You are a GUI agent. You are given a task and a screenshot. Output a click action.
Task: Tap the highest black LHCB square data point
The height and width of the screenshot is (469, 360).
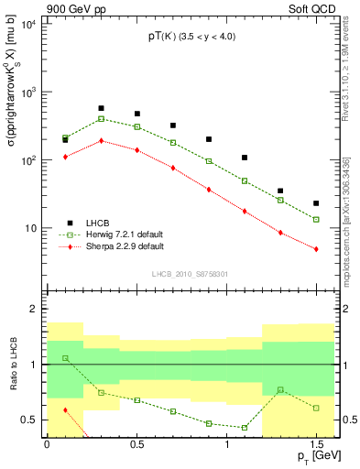click(x=101, y=108)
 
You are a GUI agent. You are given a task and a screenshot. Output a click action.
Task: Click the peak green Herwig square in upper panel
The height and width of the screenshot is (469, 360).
click(x=101, y=119)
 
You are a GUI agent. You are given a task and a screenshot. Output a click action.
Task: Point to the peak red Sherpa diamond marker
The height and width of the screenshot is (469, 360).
click(x=101, y=141)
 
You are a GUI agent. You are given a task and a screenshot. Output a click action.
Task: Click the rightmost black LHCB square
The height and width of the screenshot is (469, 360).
click(x=316, y=203)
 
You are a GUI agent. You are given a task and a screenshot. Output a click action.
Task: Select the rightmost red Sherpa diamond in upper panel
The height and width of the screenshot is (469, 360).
click(x=316, y=249)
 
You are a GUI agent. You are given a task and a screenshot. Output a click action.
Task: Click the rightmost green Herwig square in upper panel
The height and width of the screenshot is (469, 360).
click(x=316, y=220)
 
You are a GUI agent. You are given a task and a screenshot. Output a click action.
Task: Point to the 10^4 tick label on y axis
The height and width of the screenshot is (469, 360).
click(x=27, y=25)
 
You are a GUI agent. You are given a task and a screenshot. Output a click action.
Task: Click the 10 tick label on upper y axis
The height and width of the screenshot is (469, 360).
click(x=29, y=228)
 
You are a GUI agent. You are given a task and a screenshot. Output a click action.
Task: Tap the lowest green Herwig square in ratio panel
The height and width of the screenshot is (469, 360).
click(x=245, y=428)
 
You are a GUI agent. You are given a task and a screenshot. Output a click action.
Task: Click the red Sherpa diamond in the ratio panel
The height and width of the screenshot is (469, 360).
click(x=65, y=410)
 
